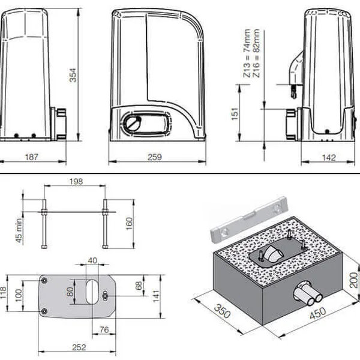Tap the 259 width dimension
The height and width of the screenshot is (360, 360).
coord(155,157)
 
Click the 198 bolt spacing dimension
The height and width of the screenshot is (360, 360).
coord(76,181)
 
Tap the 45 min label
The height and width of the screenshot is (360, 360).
coord(19,230)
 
